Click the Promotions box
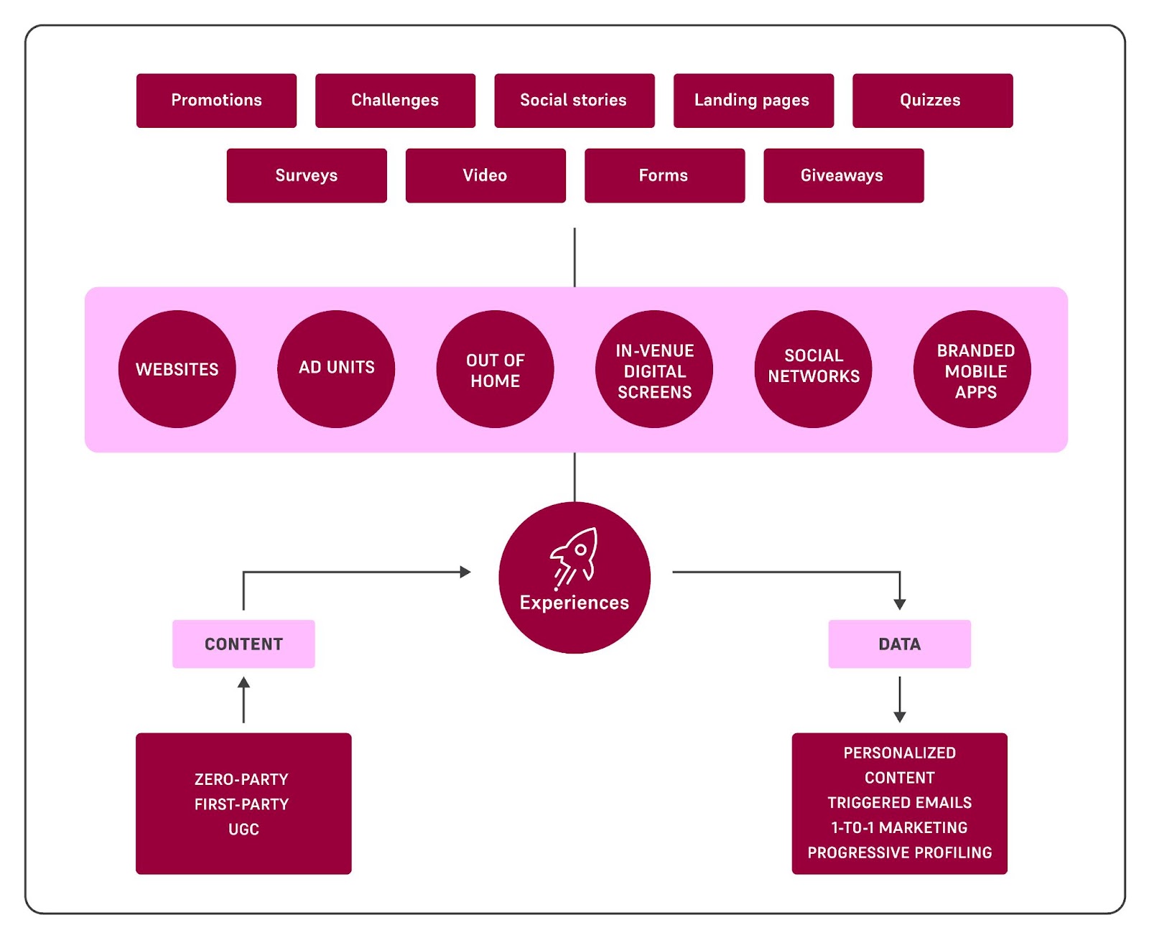tap(216, 101)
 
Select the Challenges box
tap(395, 101)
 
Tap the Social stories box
tap(574, 101)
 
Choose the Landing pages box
tap(753, 101)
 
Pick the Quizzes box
tap(933, 101)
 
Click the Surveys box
tap(307, 175)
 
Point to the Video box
tap(485, 175)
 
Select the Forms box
tap(665, 175)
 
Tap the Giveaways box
tap(843, 175)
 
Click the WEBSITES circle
tap(177, 369)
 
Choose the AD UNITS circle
tap(336, 369)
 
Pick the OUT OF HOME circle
tap(496, 369)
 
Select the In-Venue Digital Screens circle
tap(654, 369)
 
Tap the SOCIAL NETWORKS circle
tap(814, 369)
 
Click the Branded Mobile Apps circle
tap(972, 369)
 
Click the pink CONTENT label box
tap(243, 644)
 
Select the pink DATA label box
tap(900, 644)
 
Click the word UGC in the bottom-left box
tap(243, 829)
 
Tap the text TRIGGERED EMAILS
tap(900, 802)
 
